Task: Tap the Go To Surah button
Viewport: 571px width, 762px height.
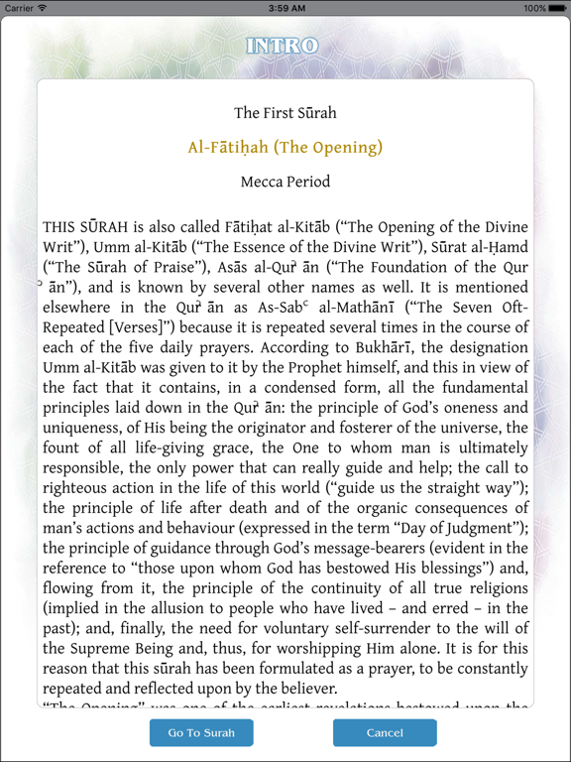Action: coord(201,733)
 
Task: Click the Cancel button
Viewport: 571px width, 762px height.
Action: coord(385,733)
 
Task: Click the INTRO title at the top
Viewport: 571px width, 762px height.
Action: coord(284,46)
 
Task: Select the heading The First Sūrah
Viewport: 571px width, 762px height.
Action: coord(285,113)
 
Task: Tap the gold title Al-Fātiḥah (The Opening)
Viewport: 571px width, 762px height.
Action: coord(285,148)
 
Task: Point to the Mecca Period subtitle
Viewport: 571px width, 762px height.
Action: coord(285,183)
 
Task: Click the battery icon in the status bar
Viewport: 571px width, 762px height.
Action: coord(557,8)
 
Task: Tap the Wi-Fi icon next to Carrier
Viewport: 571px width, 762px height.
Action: coord(42,8)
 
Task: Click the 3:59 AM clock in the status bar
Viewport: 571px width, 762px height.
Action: coord(285,8)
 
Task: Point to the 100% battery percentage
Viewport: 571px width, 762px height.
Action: coord(535,8)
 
